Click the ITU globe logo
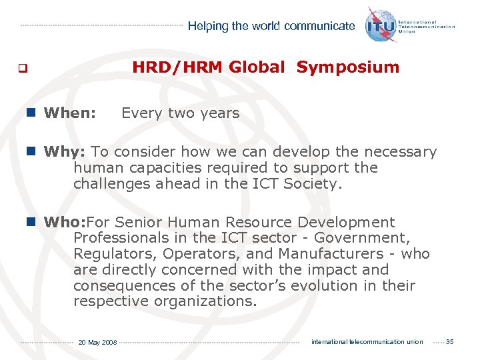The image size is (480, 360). tap(381, 25)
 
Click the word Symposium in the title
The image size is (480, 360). tap(348, 67)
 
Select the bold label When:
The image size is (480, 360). tap(70, 113)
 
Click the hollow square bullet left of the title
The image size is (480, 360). tap(22, 68)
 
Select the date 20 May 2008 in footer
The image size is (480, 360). tap(97, 343)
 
